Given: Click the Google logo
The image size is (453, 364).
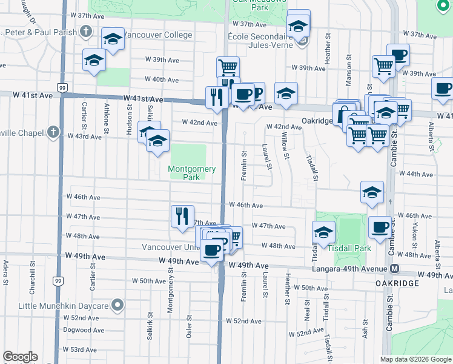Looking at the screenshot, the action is (x=20, y=357).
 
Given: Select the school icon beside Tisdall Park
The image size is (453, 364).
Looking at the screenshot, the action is (x=323, y=232).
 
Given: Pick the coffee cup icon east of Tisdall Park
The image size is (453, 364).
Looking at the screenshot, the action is (x=379, y=227).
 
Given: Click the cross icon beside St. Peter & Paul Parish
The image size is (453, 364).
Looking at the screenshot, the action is (x=86, y=32).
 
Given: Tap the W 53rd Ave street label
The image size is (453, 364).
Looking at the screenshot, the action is (x=84, y=349).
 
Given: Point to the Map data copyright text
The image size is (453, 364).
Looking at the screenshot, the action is (x=414, y=359).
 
